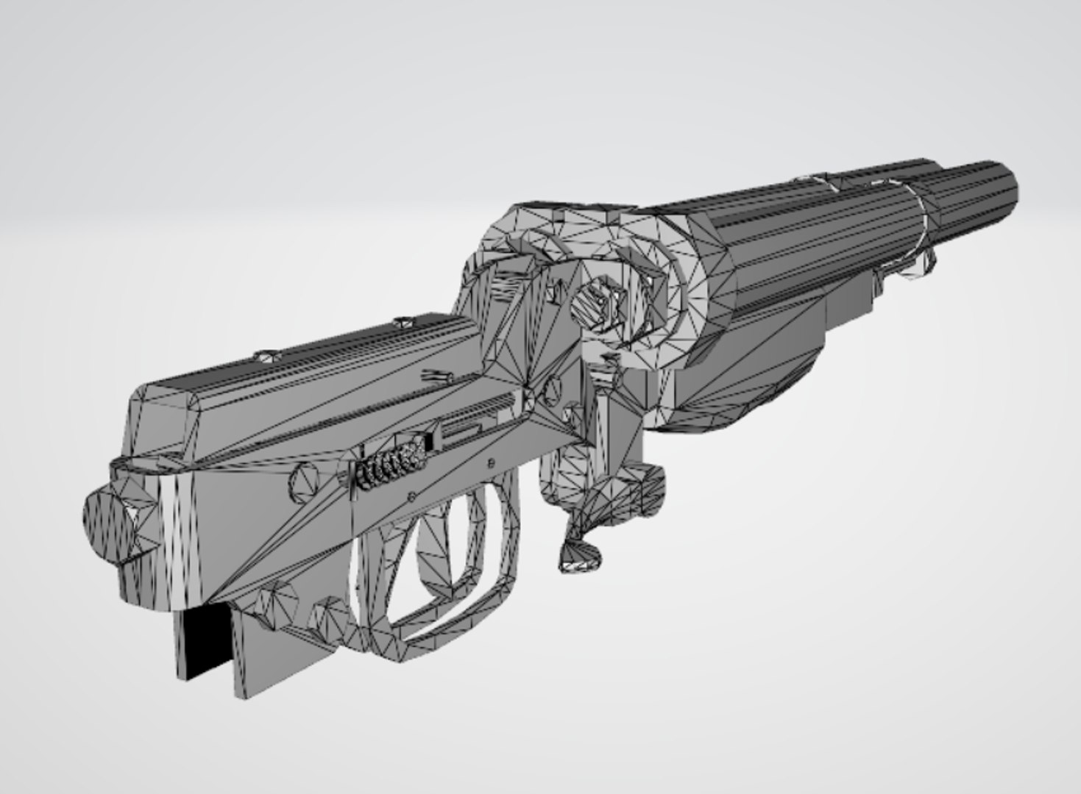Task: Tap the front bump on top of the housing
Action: pyautogui.click(x=403, y=322)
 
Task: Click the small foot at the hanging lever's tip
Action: pyautogui.click(x=581, y=559)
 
